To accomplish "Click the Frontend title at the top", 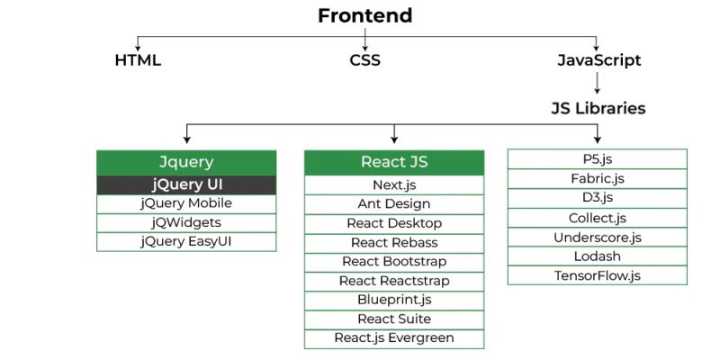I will [x=364, y=15].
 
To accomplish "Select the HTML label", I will [x=138, y=61].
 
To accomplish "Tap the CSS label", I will [x=364, y=61].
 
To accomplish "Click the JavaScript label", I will [x=599, y=61].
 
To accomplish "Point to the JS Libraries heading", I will [x=598, y=108].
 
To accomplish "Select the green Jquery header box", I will [x=186, y=162].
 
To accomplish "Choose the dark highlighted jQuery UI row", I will [x=186, y=184].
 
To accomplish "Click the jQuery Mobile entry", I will [x=186, y=203].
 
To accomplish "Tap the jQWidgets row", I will [x=186, y=222].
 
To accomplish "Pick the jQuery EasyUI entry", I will [x=186, y=241].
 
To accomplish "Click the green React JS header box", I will [x=394, y=162].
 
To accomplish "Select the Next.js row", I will [x=394, y=184].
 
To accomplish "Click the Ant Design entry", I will [x=394, y=204].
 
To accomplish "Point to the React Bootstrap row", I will [x=394, y=262].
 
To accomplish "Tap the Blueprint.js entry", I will [x=394, y=300].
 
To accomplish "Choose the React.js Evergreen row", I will [x=394, y=338].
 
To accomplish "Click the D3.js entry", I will [x=598, y=198].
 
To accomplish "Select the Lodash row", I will [x=598, y=256].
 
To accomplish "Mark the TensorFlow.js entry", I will [x=598, y=275].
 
